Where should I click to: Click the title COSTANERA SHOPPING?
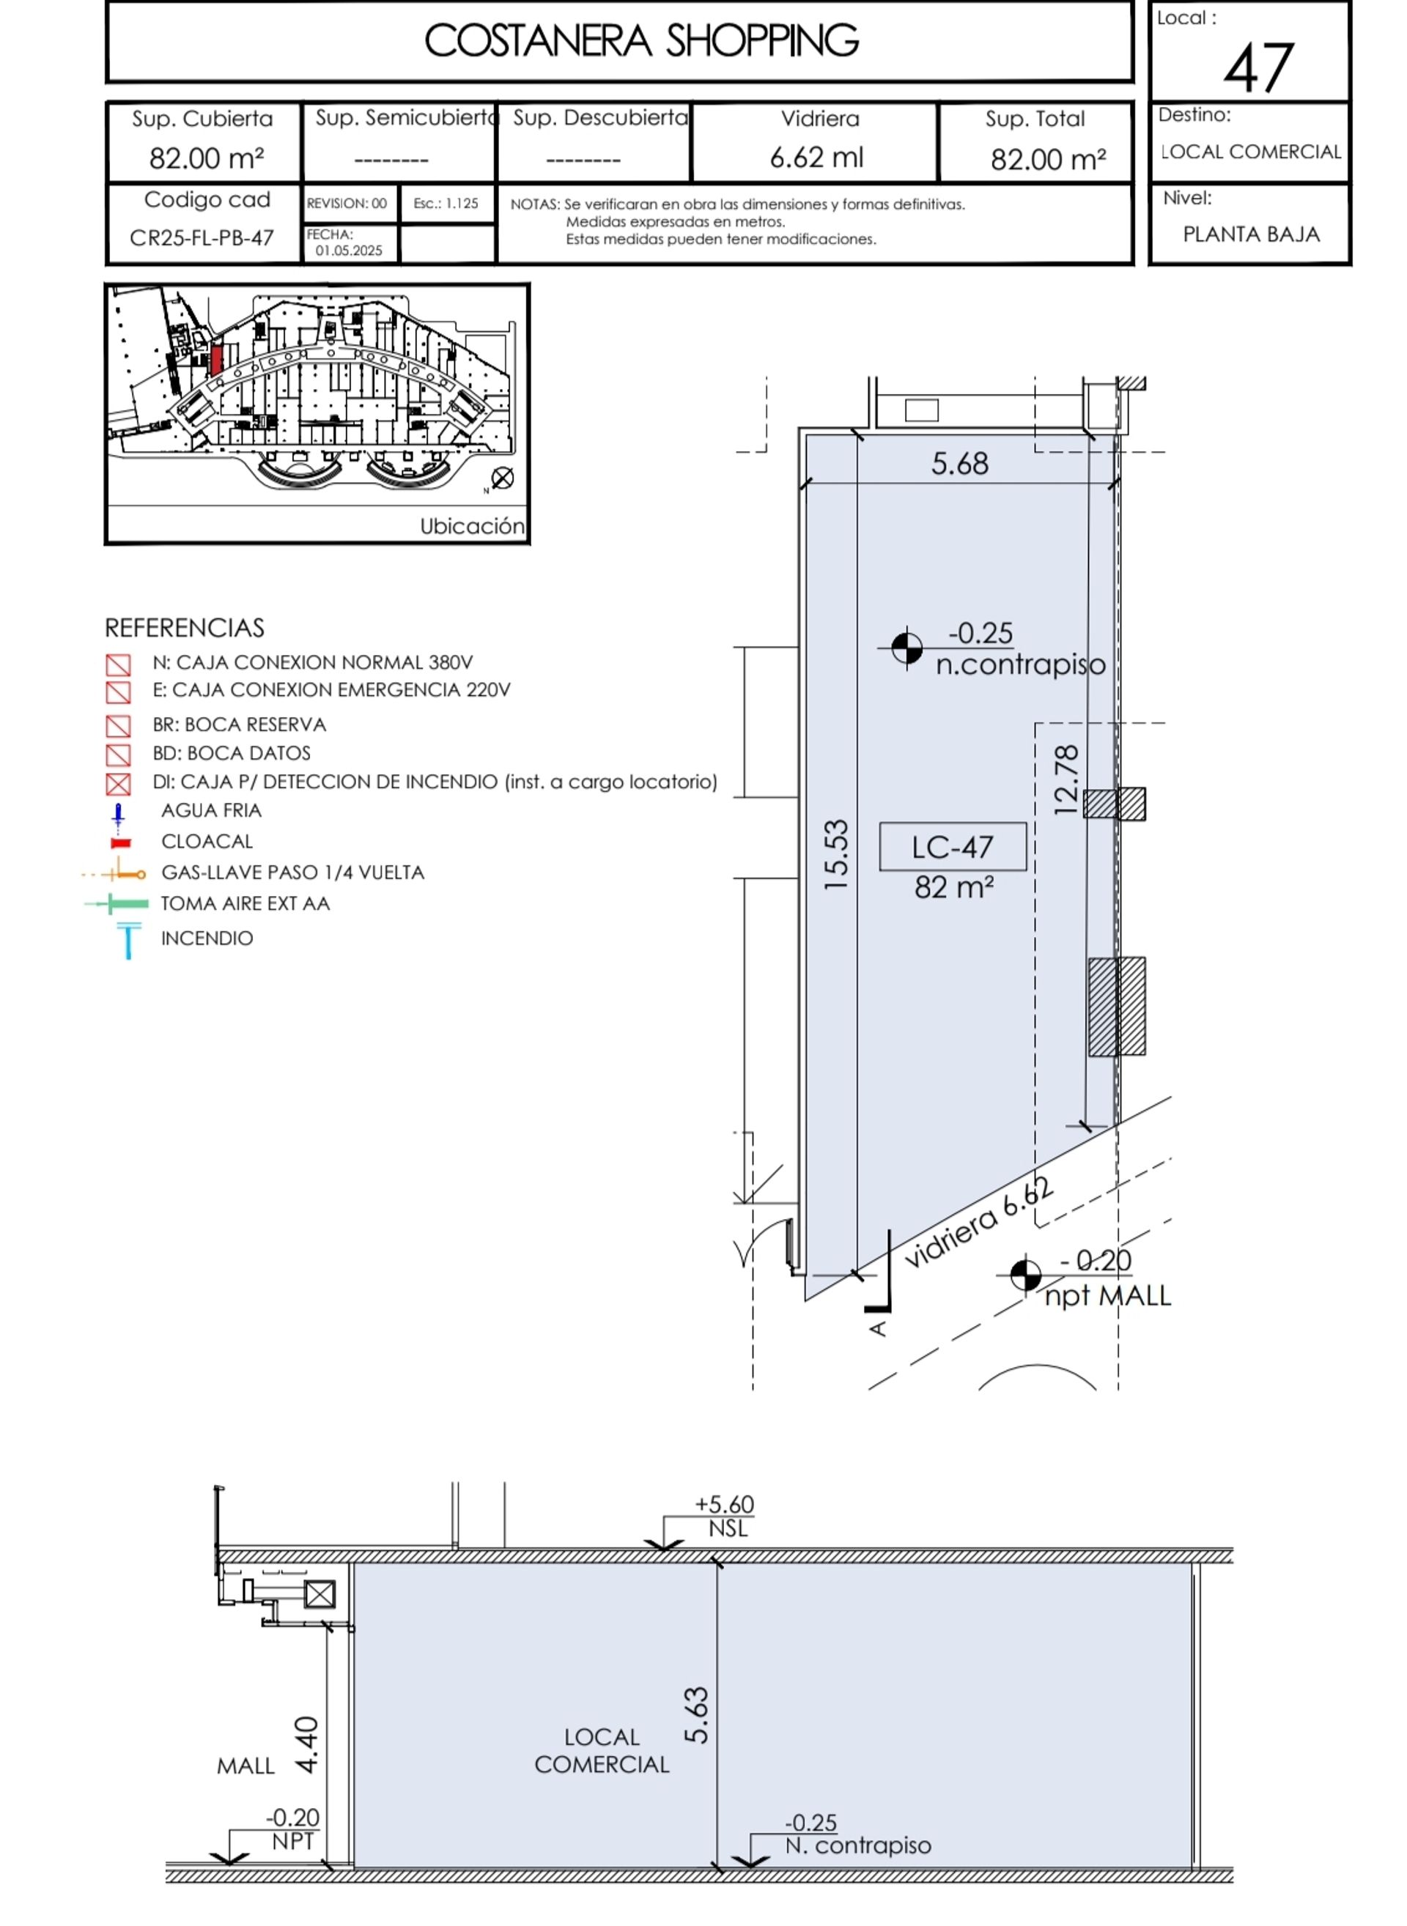(x=641, y=41)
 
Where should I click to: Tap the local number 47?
(x=1259, y=67)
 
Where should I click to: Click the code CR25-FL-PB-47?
(x=202, y=237)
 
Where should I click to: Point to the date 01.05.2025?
(x=350, y=251)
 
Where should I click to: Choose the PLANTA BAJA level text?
(x=1251, y=234)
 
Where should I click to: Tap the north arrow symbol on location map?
(x=503, y=478)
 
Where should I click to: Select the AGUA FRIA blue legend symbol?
(x=119, y=815)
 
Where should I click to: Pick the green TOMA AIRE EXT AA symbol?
(x=117, y=903)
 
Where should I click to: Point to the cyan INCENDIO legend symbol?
(x=128, y=941)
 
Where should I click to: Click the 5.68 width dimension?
(x=960, y=464)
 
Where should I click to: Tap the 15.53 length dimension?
(x=837, y=855)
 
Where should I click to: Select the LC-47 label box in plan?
(x=952, y=847)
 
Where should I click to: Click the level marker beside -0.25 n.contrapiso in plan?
(x=907, y=648)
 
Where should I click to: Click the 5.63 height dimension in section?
(x=697, y=1715)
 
